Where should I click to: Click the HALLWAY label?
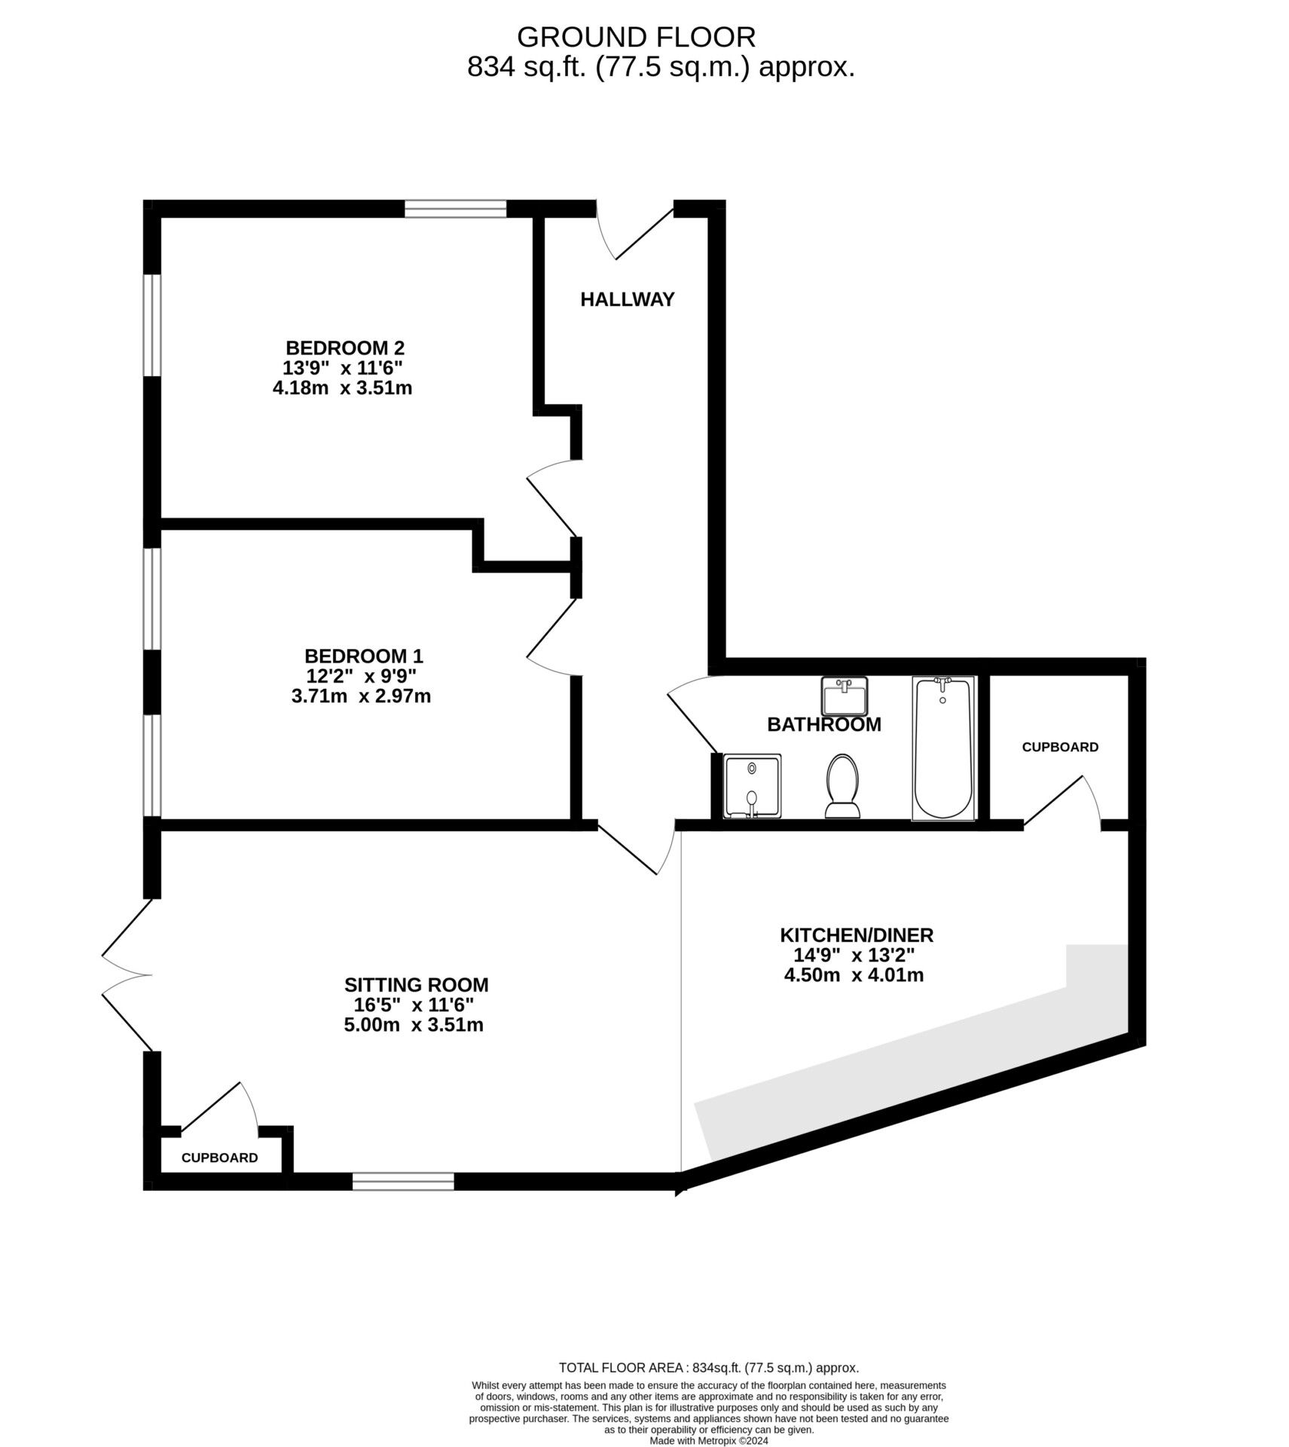tap(627, 299)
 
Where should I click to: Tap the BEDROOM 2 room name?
tap(345, 348)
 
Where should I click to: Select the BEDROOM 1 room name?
tap(364, 656)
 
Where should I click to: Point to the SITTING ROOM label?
tap(417, 985)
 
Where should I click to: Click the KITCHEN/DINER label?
tap(857, 935)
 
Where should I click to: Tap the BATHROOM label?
tap(824, 724)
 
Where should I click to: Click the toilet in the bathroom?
tap(842, 786)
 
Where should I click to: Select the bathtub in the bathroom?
tap(943, 748)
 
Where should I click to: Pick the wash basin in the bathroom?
tap(845, 696)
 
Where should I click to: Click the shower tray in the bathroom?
tap(752, 786)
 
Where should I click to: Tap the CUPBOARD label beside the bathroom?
tap(1060, 747)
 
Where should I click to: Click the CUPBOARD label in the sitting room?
tap(220, 1158)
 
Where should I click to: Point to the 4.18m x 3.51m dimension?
tap(342, 389)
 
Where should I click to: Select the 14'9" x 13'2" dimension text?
tap(854, 956)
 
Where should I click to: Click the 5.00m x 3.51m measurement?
tap(414, 1025)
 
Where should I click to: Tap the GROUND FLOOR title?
tap(636, 37)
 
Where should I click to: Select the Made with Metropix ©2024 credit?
tap(709, 1440)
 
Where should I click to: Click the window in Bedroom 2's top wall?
tap(456, 209)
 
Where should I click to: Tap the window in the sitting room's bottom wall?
tap(404, 1181)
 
